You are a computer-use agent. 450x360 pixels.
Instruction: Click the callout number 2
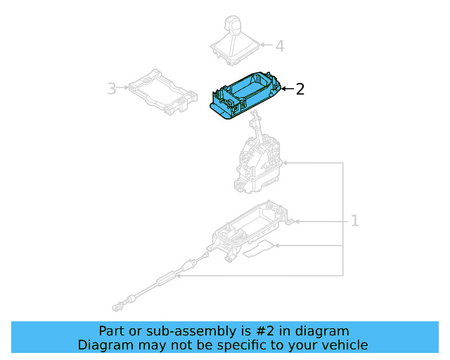(x=300, y=89)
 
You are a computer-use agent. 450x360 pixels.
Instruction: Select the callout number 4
(x=280, y=46)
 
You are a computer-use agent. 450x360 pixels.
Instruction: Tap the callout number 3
(x=112, y=89)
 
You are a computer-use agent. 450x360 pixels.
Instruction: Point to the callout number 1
(x=355, y=221)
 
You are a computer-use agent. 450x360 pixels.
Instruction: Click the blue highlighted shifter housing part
(x=243, y=96)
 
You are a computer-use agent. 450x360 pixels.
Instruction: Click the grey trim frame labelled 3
(x=161, y=91)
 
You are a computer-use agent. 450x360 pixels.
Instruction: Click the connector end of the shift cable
(x=120, y=306)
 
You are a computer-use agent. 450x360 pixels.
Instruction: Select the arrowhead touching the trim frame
(x=127, y=89)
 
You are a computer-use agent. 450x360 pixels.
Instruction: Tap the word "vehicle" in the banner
(x=344, y=345)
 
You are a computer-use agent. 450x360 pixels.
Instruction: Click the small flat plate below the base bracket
(x=262, y=247)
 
